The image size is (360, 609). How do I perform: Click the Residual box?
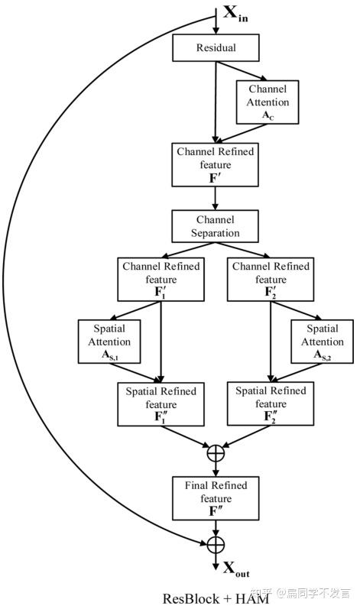[216, 48]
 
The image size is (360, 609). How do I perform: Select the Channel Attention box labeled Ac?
[268, 102]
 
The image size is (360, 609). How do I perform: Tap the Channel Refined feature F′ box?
[216, 164]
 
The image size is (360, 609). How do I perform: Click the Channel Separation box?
[216, 226]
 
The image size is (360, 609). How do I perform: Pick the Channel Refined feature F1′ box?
[161, 279]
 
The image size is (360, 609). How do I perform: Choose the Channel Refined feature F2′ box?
[270, 279]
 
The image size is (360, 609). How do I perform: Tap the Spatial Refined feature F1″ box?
[161, 403]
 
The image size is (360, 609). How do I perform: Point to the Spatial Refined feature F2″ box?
[270, 403]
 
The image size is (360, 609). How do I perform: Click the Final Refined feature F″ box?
[216, 498]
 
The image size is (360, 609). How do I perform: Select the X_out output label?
[236, 568]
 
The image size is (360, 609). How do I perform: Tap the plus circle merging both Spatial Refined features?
[216, 452]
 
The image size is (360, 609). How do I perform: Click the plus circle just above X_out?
[216, 544]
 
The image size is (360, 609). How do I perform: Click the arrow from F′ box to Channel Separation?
[216, 196]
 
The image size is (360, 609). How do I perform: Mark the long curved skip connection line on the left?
[31, 306]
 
